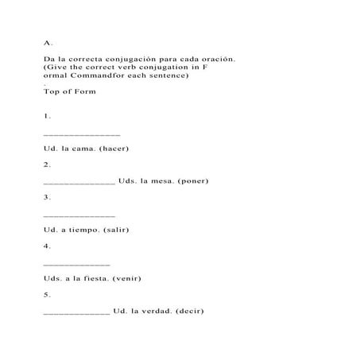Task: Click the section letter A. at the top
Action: pyautogui.click(x=48, y=42)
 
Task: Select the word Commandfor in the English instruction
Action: pyautogui.click(x=88, y=75)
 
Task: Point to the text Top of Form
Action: pyautogui.click(x=70, y=91)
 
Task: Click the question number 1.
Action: pyautogui.click(x=48, y=116)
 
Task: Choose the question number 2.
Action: pyautogui.click(x=48, y=165)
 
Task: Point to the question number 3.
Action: pyautogui.click(x=48, y=197)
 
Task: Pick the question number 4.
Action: pyautogui.click(x=48, y=246)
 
